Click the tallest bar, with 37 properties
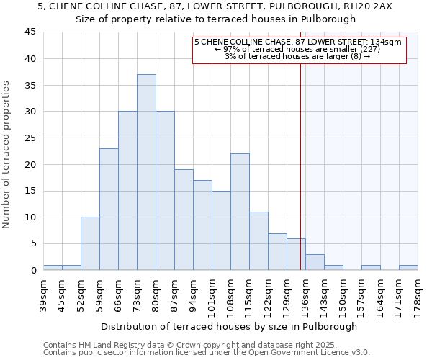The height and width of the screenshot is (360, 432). tap(146, 172)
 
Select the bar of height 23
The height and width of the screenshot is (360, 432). tap(109, 209)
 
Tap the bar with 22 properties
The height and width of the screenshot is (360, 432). tap(240, 212)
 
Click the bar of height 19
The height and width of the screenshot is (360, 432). tap(184, 220)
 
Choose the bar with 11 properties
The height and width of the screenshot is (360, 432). tap(258, 240)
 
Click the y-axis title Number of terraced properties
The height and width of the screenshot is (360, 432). tap(7, 154)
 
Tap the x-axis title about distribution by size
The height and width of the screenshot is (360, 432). tap(229, 326)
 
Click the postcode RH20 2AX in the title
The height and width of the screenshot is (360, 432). tap(369, 6)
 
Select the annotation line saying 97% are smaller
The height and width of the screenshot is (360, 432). tap(297, 49)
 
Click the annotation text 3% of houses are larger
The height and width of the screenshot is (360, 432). tap(297, 56)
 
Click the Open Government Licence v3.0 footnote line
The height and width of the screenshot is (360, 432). tap(207, 353)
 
